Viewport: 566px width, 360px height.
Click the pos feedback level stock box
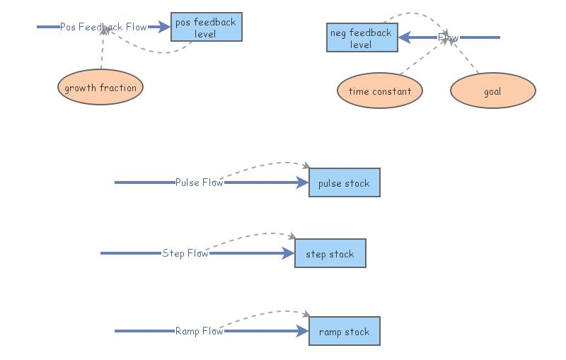tap(205, 28)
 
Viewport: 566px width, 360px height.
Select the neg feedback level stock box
tap(361, 37)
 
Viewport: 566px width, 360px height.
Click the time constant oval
tap(379, 91)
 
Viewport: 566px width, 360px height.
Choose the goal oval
tap(492, 91)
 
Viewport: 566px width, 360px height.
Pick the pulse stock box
tap(344, 183)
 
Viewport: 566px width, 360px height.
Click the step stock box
tap(330, 254)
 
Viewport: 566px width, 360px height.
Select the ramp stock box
tap(344, 332)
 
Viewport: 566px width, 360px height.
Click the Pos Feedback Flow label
tap(103, 27)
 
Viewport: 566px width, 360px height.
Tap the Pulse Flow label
tap(199, 182)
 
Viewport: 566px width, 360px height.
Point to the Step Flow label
tap(185, 253)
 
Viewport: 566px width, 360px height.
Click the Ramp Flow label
tap(199, 331)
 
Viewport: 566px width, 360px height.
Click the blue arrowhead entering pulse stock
tap(303, 182)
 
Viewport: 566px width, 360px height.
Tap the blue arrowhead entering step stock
tap(289, 253)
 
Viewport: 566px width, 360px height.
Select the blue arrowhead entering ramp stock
tap(303, 331)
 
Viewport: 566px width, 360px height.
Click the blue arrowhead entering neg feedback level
tap(404, 37)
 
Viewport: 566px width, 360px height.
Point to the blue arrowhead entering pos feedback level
tap(165, 27)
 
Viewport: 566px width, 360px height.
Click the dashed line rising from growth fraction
tap(102, 53)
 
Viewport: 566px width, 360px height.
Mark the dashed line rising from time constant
tap(423, 57)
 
